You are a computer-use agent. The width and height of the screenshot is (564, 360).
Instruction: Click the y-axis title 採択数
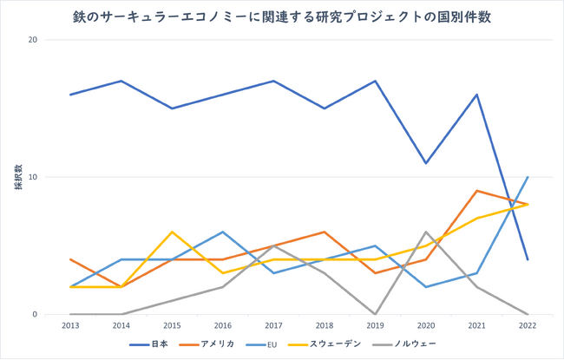[16, 177]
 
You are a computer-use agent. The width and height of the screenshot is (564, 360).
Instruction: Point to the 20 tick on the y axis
[32, 40]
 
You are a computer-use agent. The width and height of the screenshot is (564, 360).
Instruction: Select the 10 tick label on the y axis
[32, 177]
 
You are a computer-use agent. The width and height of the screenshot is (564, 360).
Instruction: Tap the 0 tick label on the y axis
[36, 315]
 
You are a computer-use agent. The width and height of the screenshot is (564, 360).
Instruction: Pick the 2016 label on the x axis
[222, 328]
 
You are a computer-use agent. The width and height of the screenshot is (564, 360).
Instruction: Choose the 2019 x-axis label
[375, 328]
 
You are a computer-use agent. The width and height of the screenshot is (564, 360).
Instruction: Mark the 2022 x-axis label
[528, 328]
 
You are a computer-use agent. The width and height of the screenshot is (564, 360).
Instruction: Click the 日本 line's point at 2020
[425, 163]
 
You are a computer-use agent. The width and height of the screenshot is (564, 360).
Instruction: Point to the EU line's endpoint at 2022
[528, 177]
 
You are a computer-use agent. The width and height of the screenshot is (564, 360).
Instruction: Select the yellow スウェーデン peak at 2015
[172, 232]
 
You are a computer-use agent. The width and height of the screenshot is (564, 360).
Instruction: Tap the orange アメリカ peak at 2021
[476, 191]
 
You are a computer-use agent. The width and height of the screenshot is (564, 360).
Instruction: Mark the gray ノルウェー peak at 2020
[425, 232]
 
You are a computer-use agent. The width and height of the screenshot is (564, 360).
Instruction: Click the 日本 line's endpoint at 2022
[528, 259]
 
